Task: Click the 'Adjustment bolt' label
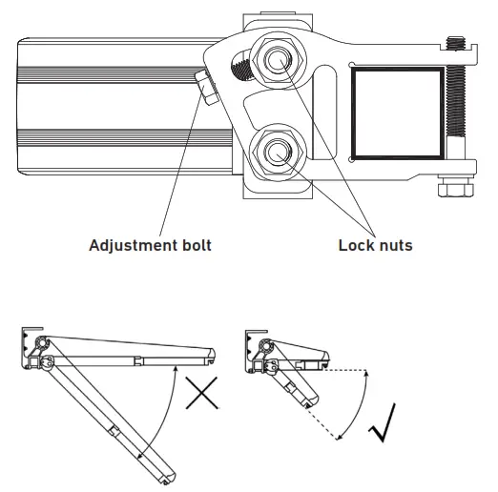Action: pos(150,246)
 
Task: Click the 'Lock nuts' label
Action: pos(375,246)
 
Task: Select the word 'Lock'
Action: pos(356,246)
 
